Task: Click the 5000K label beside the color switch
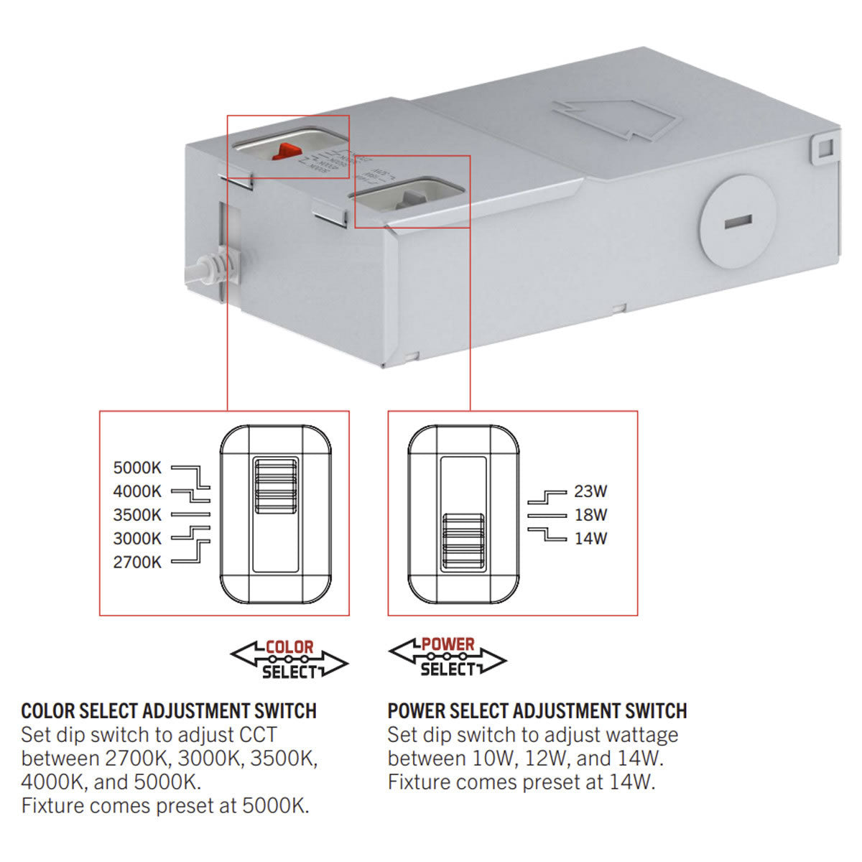pos(137,468)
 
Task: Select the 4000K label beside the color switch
pos(137,492)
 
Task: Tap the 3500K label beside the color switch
pos(137,515)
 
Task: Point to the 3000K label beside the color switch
pos(137,539)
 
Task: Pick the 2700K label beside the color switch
pos(137,562)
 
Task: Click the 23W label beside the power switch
pos(590,492)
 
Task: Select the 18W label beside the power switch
pos(590,515)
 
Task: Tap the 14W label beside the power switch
pos(590,539)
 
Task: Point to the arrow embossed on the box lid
pos(616,119)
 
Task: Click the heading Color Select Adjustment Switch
pos(169,711)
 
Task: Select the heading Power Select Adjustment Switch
pos(537,711)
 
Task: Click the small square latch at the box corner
pos(822,147)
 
